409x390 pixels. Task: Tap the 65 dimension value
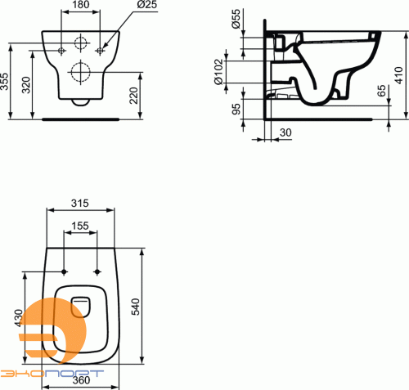pos(382,90)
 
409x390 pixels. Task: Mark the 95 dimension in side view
pos(236,108)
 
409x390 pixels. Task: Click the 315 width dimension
pos(80,202)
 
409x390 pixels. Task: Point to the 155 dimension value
pos(80,225)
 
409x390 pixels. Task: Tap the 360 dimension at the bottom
pos(79,381)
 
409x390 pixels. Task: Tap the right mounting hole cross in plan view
pos(98,271)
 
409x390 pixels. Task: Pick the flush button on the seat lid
pos(80,304)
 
